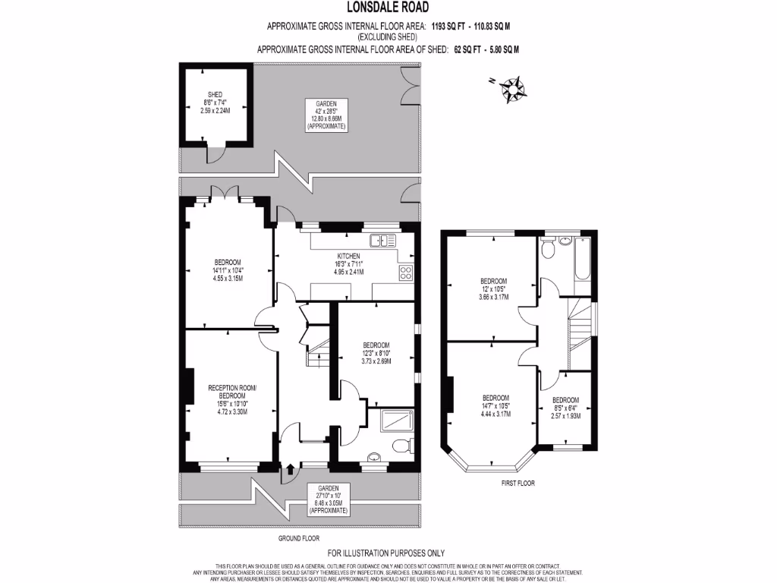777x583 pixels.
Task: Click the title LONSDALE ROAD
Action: pos(388,8)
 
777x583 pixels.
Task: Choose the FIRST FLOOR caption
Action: pos(518,483)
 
